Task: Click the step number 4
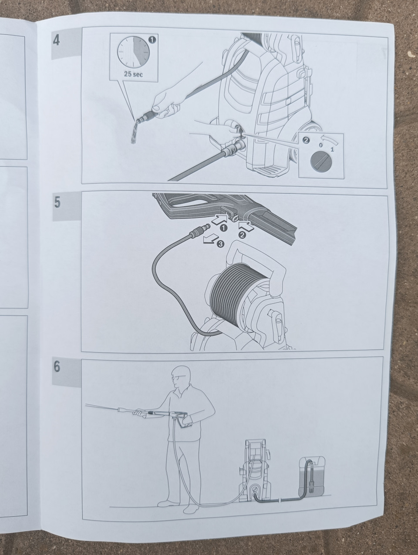pyautogui.click(x=57, y=40)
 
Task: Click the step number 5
pyautogui.click(x=57, y=203)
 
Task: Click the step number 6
pyautogui.click(x=57, y=367)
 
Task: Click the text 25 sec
pyautogui.click(x=133, y=74)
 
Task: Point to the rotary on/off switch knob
pyautogui.click(x=320, y=161)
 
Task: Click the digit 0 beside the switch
pyautogui.click(x=320, y=145)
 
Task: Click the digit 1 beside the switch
pyautogui.click(x=332, y=149)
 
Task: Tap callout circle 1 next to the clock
pyautogui.click(x=153, y=40)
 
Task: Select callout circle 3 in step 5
pyautogui.click(x=220, y=244)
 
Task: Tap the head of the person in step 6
pyautogui.click(x=180, y=377)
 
